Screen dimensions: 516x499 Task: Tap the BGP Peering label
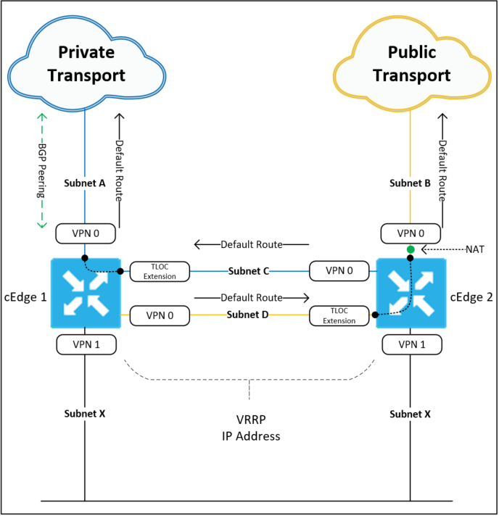pyautogui.click(x=42, y=172)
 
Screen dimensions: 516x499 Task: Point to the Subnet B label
pyautogui.click(x=410, y=183)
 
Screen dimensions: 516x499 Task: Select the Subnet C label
pyautogui.click(x=249, y=271)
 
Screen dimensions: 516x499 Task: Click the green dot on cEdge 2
pyautogui.click(x=411, y=250)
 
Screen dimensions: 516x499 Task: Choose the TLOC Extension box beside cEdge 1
pyautogui.click(x=160, y=272)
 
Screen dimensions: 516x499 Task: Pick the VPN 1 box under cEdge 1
pyautogui.click(x=86, y=344)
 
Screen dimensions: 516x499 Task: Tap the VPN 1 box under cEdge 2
pyautogui.click(x=411, y=344)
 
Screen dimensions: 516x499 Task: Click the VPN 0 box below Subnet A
pyautogui.click(x=86, y=234)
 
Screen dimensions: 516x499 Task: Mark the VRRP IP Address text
pyautogui.click(x=250, y=429)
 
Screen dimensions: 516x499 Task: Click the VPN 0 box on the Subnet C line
pyautogui.click(x=339, y=272)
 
